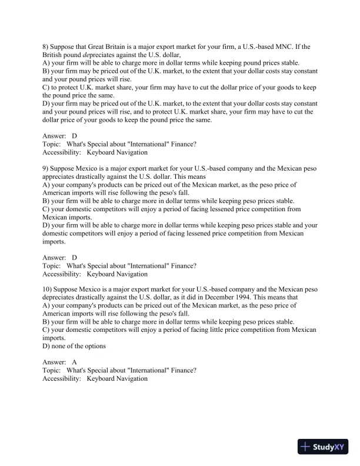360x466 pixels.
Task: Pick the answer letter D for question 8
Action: point(74,136)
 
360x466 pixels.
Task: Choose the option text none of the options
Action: point(79,346)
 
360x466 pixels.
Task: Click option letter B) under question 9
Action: point(46,201)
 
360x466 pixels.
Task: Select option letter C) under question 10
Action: point(46,330)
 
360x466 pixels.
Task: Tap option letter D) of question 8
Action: point(46,104)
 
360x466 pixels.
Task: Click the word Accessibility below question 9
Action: point(61,274)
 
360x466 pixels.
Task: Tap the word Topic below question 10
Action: point(52,371)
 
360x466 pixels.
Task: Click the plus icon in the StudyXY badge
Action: point(305,447)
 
